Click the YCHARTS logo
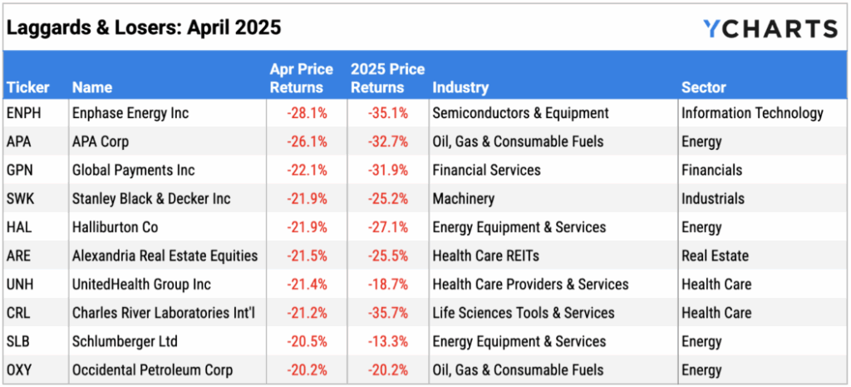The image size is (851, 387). [x=770, y=28]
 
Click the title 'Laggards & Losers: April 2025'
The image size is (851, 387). [x=144, y=27]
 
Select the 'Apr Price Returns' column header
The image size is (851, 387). [x=302, y=77]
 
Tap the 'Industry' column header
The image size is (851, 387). [x=460, y=87]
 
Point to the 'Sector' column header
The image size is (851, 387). [x=703, y=87]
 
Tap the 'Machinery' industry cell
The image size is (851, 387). [x=463, y=199]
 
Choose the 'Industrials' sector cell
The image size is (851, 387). [x=712, y=199]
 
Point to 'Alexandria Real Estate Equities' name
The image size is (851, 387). [x=165, y=256]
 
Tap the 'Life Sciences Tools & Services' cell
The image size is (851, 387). [x=523, y=313]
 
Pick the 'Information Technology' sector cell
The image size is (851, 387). [x=752, y=113]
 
